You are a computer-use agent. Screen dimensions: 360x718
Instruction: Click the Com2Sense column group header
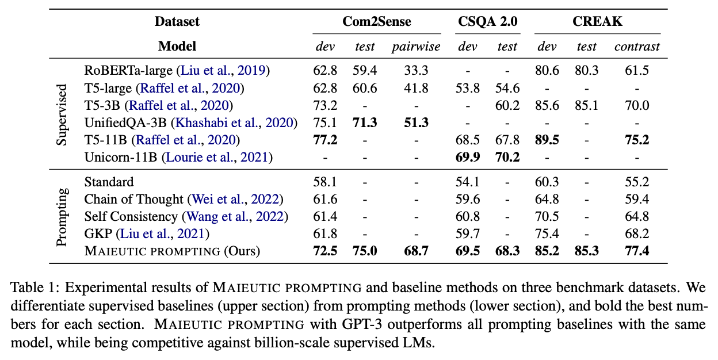coord(376,22)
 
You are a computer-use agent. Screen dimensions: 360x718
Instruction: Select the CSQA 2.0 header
coord(487,22)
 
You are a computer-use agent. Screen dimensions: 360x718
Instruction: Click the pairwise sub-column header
coord(416,47)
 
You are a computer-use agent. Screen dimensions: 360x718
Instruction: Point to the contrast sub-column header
coord(637,47)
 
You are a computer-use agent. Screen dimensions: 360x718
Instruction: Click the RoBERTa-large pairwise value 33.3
coord(416,71)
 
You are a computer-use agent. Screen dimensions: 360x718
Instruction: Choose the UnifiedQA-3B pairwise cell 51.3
coord(416,122)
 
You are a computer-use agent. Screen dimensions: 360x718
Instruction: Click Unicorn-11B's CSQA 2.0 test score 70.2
coord(507,157)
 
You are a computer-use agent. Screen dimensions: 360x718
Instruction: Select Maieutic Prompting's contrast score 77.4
coord(637,251)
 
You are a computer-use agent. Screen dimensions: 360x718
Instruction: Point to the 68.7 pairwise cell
coord(416,251)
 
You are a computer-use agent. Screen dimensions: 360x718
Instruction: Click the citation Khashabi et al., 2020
coord(236,122)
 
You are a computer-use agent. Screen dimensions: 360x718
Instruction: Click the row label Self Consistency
coord(131,217)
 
